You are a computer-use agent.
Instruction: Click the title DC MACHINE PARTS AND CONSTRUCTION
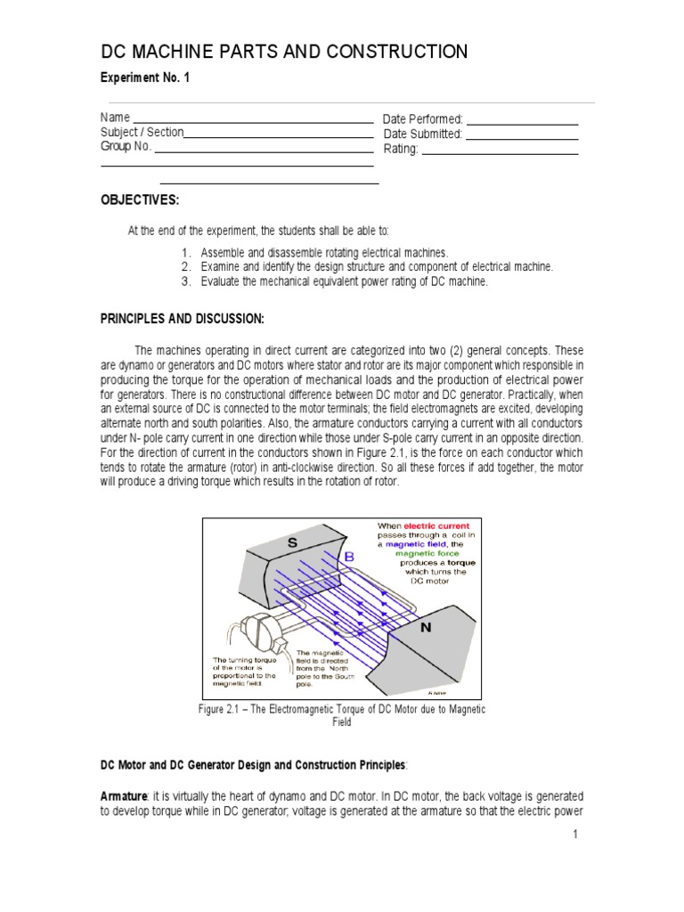283,52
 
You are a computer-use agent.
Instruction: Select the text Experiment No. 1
144,78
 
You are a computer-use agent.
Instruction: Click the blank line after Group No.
264,150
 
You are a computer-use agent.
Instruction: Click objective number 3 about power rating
344,281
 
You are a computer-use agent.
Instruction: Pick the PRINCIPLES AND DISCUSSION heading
182,319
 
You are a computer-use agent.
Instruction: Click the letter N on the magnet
425,627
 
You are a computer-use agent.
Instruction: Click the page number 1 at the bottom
576,834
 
